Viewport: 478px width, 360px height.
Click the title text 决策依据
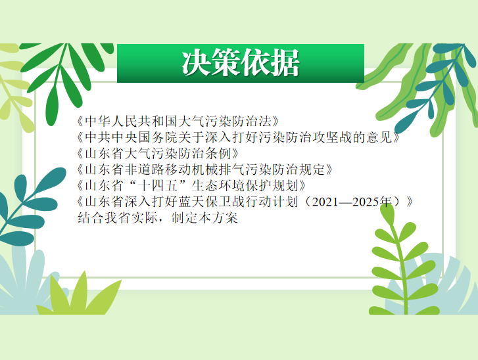(241, 63)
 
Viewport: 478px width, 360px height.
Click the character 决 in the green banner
(197, 63)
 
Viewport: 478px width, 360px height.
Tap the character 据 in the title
(285, 63)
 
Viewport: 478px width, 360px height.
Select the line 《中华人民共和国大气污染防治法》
(178, 122)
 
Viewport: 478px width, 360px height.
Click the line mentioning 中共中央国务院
(238, 137)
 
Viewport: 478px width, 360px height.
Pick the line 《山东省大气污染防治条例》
(157, 153)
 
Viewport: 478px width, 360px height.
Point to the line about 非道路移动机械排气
(204, 169)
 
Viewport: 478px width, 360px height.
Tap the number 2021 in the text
(325, 202)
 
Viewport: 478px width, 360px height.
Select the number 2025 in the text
(365, 202)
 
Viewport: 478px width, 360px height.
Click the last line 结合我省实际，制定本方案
(158, 217)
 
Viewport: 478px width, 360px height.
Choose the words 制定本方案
(204, 217)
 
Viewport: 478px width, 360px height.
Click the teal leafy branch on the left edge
(30, 207)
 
